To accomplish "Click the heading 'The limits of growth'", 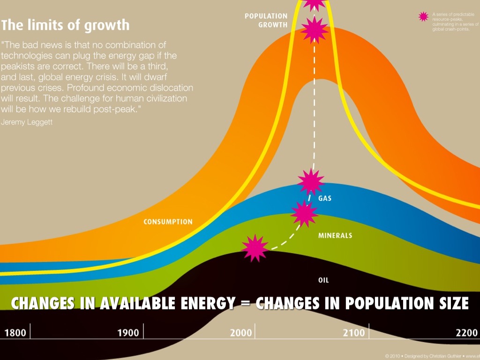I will click(66, 24).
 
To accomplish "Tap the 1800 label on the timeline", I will click(15, 333).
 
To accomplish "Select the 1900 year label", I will click(127, 333).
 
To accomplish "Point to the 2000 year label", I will click(241, 333).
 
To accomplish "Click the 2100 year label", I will click(353, 333).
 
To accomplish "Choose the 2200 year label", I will click(466, 333).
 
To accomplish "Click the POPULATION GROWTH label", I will click(266, 21).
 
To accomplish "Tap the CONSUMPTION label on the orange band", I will click(168, 222).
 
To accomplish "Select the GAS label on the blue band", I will click(325, 198).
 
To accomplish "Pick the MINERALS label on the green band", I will click(335, 235).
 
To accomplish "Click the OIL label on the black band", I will click(323, 280).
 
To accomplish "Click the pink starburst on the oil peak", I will click(255, 248).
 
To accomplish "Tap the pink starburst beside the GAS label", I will click(310, 182).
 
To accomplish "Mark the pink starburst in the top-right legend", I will click(424, 16).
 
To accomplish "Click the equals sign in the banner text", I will click(245, 304).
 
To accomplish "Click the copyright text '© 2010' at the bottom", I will click(393, 356).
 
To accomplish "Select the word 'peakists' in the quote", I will click(20, 66).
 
